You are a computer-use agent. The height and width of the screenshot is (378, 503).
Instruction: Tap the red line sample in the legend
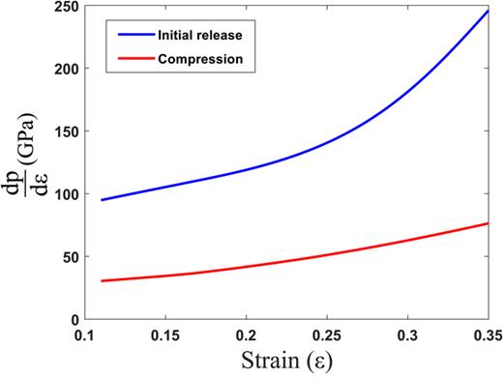click(x=137, y=59)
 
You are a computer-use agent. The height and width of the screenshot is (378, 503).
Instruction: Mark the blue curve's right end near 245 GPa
click(x=488, y=10)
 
